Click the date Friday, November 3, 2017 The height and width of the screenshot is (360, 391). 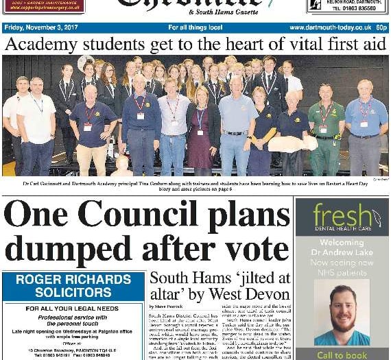[40, 27]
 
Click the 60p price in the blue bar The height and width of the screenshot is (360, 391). [381, 27]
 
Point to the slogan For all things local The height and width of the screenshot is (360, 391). [195, 27]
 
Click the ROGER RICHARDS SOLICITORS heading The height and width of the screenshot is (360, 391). [73, 286]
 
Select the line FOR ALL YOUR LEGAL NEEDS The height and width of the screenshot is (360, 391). [73, 309]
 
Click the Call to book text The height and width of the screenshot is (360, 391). [342, 355]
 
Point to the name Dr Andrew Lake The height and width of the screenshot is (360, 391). [342, 252]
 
